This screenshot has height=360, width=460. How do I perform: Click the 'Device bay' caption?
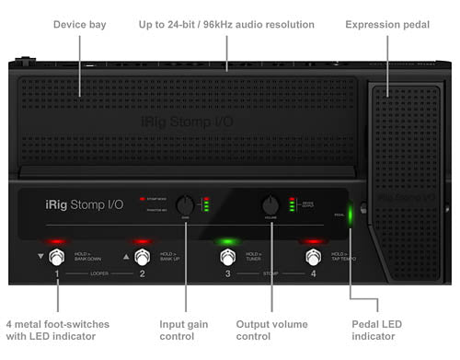(x=79, y=24)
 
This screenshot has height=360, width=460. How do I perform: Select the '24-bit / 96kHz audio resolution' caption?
(x=226, y=24)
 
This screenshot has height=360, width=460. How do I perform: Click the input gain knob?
(x=186, y=205)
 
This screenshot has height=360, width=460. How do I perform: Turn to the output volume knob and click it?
(x=270, y=204)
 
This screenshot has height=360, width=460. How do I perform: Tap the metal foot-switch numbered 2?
(x=143, y=257)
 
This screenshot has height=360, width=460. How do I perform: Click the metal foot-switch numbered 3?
(x=226, y=257)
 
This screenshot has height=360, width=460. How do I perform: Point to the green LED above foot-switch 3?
(x=226, y=241)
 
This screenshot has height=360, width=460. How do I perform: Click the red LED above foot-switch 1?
(x=58, y=241)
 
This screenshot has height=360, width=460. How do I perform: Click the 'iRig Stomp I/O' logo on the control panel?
(x=85, y=207)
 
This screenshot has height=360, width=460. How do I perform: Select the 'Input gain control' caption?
(x=184, y=331)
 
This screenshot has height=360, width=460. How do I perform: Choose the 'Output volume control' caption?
(x=271, y=331)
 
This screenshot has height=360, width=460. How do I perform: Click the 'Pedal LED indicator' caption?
(x=377, y=331)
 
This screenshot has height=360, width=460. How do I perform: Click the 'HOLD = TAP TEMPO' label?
(x=341, y=255)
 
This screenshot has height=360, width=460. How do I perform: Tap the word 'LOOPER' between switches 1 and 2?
(x=99, y=273)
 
